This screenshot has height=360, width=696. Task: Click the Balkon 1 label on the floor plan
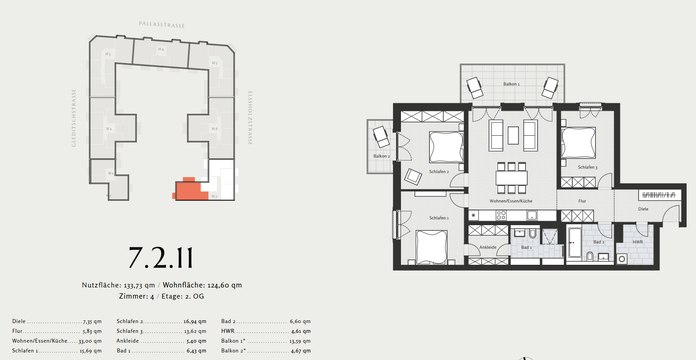coord(511,84)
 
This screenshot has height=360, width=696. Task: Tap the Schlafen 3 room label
coord(587,167)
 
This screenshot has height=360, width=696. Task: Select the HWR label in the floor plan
coord(638,242)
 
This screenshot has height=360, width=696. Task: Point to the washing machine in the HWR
coord(622,259)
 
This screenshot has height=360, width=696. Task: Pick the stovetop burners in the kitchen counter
coord(501,215)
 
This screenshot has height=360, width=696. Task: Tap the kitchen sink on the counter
coord(532,215)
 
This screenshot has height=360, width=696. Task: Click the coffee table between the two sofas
coord(513,135)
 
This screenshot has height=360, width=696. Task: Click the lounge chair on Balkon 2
coord(381,137)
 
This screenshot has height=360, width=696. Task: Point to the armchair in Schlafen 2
coord(413,177)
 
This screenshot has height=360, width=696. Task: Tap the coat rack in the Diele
coord(659,195)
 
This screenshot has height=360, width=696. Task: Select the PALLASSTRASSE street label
coord(162,24)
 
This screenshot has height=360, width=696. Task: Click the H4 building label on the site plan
coord(161,49)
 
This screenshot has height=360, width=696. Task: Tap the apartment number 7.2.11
coord(161,258)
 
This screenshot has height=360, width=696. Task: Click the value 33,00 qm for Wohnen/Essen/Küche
coord(90,341)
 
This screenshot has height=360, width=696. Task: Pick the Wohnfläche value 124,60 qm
coord(225,285)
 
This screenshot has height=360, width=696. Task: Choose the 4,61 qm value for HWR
coord(301,331)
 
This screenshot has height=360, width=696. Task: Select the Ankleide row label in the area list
coord(128,341)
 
